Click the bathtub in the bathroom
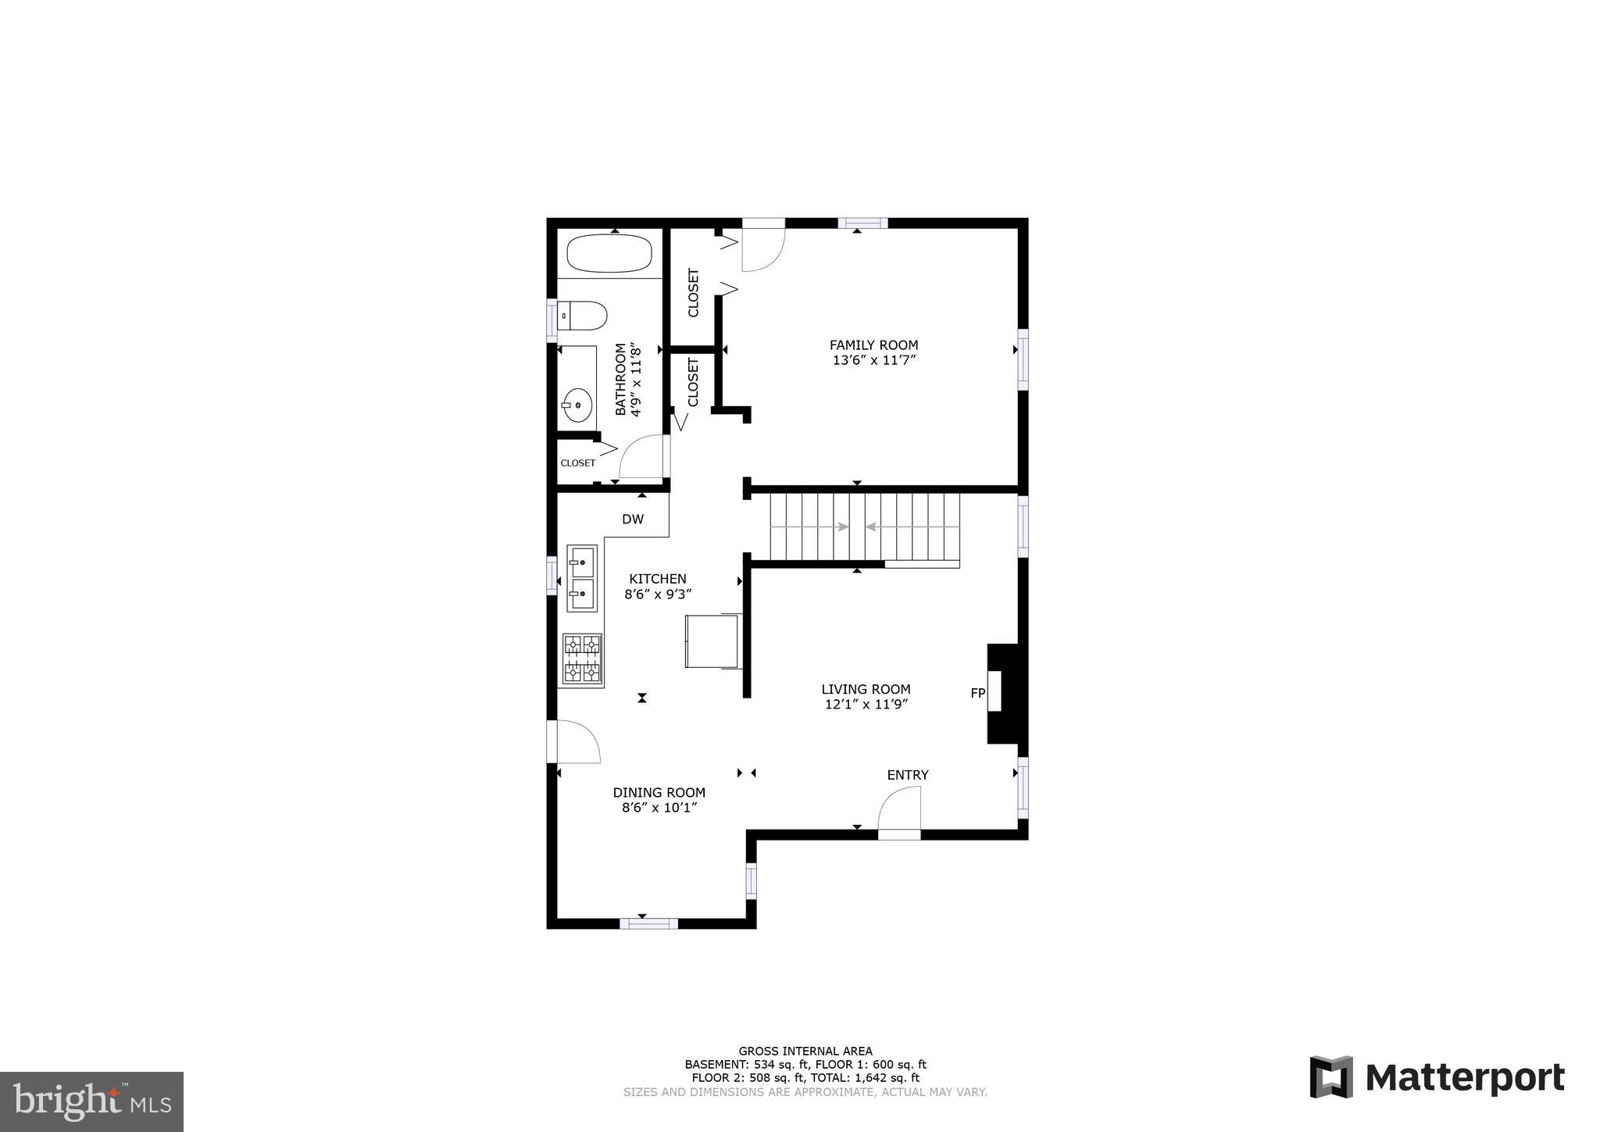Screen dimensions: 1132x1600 (609, 253)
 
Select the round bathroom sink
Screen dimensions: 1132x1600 (577, 405)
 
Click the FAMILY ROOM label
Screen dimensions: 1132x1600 (873, 345)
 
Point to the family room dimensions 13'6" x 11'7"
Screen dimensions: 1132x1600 (873, 360)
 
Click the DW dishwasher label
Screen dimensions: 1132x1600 (632, 520)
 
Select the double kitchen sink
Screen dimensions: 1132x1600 (581, 578)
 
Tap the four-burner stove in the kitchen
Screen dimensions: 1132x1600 (582, 659)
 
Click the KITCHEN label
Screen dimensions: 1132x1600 (658, 579)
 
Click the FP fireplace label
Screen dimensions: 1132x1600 (977, 693)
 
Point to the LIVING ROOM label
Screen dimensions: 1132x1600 (866, 689)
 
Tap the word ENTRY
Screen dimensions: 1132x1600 (907, 775)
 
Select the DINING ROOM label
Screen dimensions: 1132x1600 (659, 792)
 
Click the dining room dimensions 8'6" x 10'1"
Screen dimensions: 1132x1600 (659, 808)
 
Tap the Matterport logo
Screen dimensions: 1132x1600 (1437, 1077)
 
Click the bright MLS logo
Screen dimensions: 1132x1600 (91, 1102)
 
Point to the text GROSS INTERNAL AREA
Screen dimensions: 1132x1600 (805, 1051)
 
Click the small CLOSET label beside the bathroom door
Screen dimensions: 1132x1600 (577, 463)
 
